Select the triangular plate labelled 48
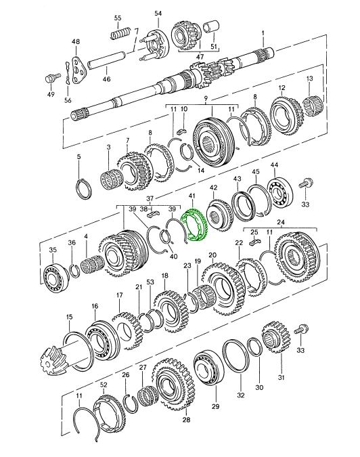click(x=77, y=70)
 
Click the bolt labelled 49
click(x=51, y=78)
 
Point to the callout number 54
click(x=158, y=14)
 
